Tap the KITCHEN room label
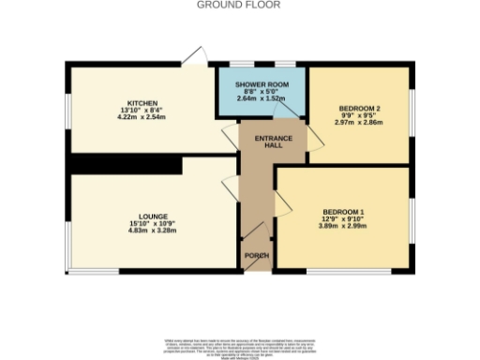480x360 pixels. (142, 102)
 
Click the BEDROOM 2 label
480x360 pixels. (359, 108)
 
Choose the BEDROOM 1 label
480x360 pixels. (342, 211)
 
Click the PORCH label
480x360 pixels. (257, 256)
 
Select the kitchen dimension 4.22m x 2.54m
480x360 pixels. (142, 118)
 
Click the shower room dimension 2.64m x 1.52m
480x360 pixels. (261, 98)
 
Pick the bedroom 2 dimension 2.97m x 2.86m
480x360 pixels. (359, 123)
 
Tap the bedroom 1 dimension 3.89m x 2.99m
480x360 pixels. (342, 226)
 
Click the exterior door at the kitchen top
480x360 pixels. (194, 57)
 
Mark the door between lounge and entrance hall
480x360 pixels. (229, 187)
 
